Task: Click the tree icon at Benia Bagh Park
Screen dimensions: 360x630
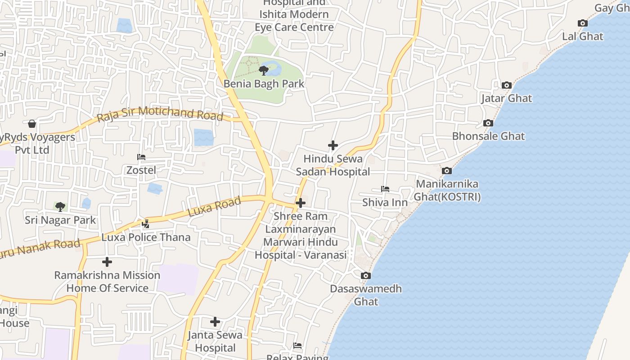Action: (264, 70)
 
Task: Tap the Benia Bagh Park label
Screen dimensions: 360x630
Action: (264, 84)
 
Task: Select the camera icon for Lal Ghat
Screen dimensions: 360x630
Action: (582, 23)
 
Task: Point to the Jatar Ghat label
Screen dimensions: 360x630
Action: (506, 98)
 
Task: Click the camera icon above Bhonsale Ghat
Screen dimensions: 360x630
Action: (488, 123)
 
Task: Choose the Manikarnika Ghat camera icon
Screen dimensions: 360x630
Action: (446, 171)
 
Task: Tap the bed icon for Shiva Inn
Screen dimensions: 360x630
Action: (385, 189)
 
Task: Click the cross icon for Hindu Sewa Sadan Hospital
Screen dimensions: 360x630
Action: (333, 145)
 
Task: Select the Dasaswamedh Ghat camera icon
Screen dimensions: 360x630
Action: (366, 275)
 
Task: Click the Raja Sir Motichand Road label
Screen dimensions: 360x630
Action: (160, 113)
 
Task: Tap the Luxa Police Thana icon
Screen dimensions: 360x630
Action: (146, 224)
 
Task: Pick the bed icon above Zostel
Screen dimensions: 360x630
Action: (141, 157)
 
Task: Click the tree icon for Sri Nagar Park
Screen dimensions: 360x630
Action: (60, 207)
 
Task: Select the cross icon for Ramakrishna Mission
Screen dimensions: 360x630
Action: (107, 261)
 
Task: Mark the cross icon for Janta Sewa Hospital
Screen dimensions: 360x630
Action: (215, 322)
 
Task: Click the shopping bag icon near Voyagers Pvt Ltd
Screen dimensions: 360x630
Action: (32, 123)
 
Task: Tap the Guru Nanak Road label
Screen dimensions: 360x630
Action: (40, 249)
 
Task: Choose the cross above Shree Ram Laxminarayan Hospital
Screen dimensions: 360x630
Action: (301, 203)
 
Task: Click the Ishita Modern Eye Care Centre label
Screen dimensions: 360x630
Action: (294, 20)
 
